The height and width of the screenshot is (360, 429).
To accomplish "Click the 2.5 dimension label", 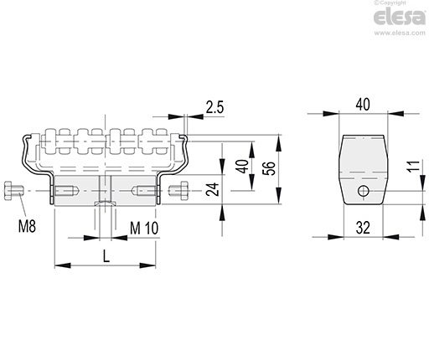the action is click(x=214, y=107).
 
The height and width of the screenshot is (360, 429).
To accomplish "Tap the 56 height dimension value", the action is click(x=269, y=168).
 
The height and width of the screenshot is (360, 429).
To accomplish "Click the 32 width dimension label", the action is click(x=363, y=228).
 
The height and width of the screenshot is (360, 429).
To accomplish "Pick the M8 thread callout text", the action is click(x=27, y=226).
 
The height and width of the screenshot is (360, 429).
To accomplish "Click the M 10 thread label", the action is click(x=144, y=228).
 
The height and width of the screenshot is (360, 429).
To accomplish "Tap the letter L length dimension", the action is click(x=106, y=256).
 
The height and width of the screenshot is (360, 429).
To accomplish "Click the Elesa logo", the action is click(x=400, y=17).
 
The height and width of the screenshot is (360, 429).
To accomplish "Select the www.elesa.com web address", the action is click(x=400, y=33).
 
